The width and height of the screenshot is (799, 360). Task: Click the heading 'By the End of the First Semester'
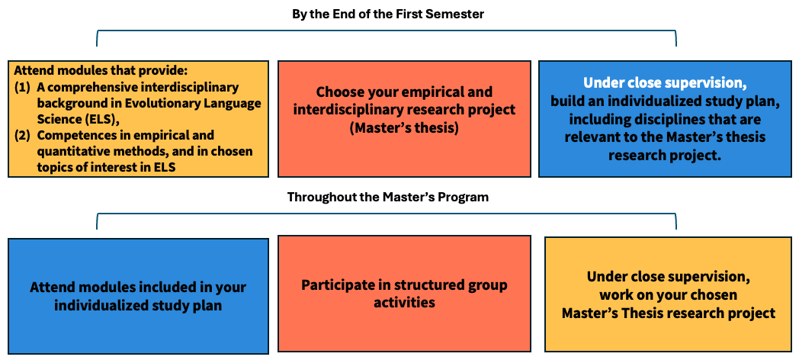pyautogui.click(x=388, y=14)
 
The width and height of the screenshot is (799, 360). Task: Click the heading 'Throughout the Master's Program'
pyautogui.click(x=388, y=196)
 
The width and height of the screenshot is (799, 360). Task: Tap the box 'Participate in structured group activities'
pyautogui.click(x=404, y=293)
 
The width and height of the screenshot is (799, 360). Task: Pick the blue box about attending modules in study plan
pyautogui.click(x=138, y=296)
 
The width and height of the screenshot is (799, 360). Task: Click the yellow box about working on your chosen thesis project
pyautogui.click(x=669, y=294)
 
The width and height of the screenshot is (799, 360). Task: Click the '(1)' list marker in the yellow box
pyautogui.click(x=22, y=88)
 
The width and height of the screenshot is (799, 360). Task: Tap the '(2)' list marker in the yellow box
pyautogui.click(x=22, y=137)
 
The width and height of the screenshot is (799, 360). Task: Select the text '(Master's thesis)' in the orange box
pyautogui.click(x=404, y=127)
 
